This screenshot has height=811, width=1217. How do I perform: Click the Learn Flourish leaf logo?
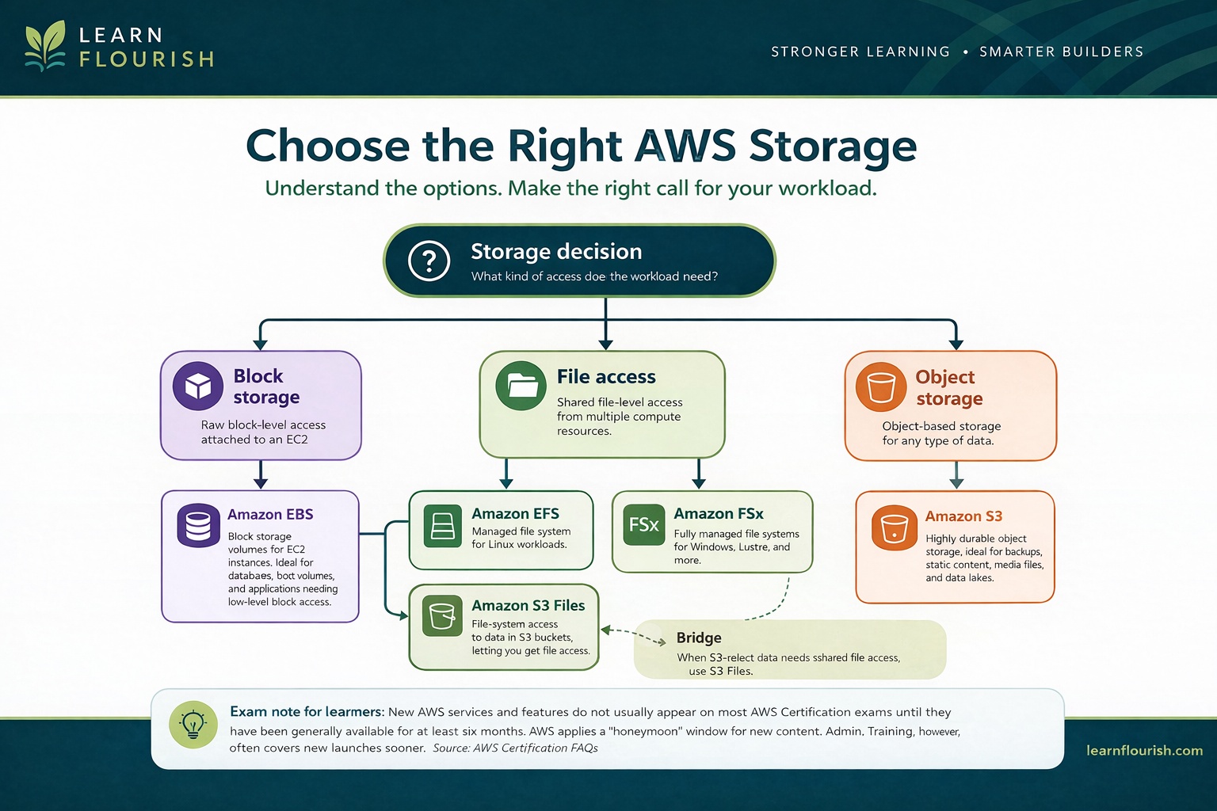(45, 47)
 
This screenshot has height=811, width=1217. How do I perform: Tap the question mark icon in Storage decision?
(429, 260)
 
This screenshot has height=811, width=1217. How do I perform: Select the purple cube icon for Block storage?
(198, 386)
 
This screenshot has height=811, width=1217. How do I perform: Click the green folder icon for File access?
(521, 386)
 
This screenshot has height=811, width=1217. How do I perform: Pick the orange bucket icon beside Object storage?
(880, 387)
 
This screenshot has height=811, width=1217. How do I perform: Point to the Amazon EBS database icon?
(198, 525)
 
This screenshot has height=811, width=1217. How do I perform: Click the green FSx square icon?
(643, 524)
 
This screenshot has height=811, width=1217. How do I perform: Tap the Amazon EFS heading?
(515, 513)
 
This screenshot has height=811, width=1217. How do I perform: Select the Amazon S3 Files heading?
(528, 605)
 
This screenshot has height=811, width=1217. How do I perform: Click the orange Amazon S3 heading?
(963, 516)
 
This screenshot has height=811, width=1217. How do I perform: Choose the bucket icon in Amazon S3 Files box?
(441, 615)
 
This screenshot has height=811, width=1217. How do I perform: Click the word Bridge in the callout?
(699, 638)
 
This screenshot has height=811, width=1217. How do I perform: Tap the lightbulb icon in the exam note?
(193, 724)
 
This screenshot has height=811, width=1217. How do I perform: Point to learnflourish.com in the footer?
(1144, 750)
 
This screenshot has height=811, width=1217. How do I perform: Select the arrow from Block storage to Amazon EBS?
(260, 474)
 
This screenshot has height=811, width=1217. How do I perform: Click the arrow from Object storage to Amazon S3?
(956, 474)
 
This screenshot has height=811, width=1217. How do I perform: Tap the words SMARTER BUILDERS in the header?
(1061, 51)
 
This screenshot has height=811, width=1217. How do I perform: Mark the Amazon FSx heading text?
(718, 513)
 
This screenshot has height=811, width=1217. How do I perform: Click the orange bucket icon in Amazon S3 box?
(894, 528)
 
